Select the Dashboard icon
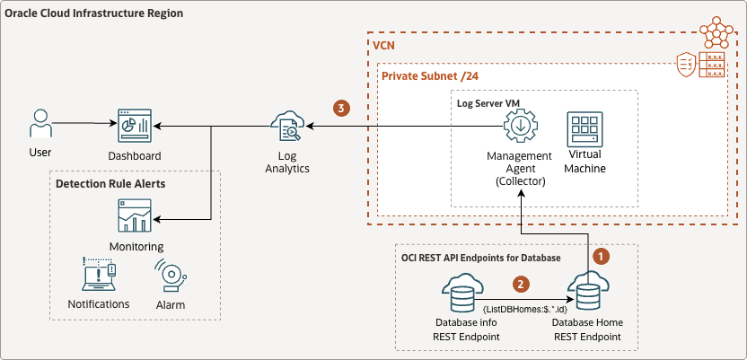(135, 128)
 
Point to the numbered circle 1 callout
(603, 256)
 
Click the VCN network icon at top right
(716, 32)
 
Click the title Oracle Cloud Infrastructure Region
(93, 14)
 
